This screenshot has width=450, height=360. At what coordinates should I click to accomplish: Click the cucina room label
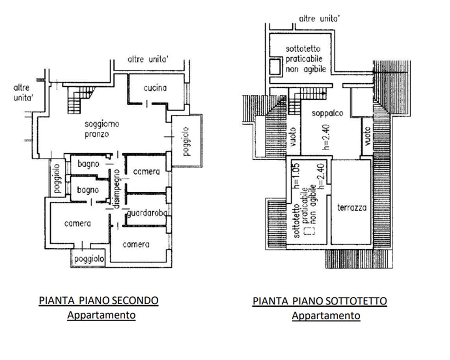[x=155, y=88]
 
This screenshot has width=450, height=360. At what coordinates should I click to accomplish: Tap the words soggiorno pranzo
[x=102, y=129]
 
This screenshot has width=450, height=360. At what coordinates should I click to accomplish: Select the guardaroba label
[x=147, y=213]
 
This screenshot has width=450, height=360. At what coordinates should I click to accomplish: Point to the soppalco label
[x=328, y=114]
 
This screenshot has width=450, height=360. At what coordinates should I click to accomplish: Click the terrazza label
[x=352, y=208]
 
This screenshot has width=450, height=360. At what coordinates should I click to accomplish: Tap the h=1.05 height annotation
[x=296, y=176]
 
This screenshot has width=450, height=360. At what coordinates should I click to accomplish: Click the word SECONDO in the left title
[x=135, y=301]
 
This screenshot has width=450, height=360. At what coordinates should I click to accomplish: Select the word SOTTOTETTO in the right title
[x=356, y=301]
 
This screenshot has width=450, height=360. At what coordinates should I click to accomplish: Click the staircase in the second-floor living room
[x=80, y=100]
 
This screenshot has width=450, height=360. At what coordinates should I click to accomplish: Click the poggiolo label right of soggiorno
[x=186, y=141]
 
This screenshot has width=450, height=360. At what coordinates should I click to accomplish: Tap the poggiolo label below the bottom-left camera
[x=89, y=259]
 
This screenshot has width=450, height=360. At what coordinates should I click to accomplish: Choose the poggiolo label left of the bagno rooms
[x=57, y=178]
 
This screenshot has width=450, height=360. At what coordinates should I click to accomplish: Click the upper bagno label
[x=88, y=164]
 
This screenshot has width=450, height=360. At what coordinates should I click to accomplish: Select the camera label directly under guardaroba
[x=136, y=244]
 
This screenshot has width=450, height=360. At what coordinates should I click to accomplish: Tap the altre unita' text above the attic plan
[x=319, y=19]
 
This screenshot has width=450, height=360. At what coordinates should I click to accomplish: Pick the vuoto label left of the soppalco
[x=293, y=137]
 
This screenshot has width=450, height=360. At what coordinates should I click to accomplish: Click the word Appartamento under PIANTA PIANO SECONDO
[x=101, y=315]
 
